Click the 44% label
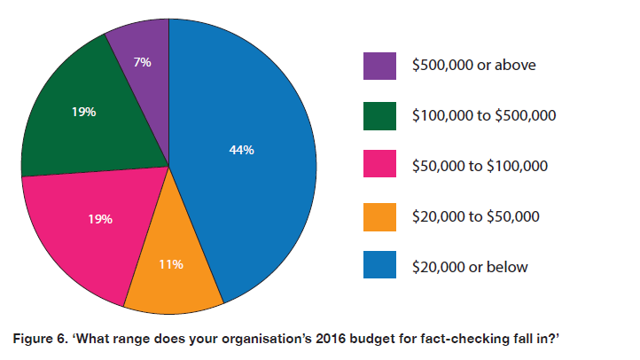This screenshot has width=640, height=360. (241, 151)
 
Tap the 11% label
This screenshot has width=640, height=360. (171, 264)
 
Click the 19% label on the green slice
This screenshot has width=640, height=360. (84, 113)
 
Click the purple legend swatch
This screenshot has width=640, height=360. (379, 66)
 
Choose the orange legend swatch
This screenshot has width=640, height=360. (379, 216)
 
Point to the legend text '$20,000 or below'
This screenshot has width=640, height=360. (470, 267)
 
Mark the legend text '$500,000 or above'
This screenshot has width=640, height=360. (474, 66)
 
